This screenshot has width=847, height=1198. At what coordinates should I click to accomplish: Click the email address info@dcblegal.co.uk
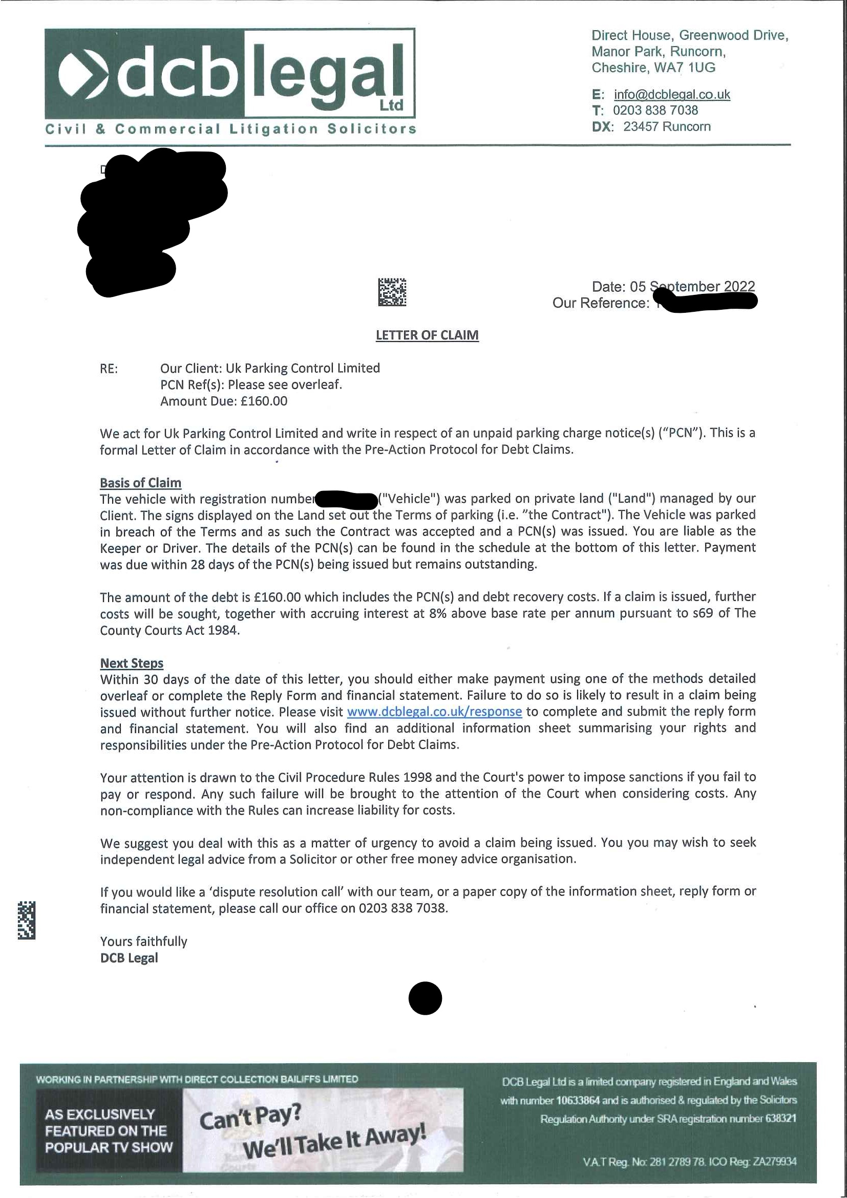pos(672,94)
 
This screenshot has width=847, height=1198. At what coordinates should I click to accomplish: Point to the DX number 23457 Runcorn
pos(666,127)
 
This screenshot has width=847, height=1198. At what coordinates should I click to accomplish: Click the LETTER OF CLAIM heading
pos(427,335)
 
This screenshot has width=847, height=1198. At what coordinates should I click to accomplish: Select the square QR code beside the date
pos(392,292)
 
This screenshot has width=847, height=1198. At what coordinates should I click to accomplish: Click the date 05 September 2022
pos(692,287)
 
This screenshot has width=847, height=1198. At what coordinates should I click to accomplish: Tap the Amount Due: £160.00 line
pos(223,401)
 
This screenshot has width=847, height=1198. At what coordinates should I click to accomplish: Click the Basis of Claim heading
pos(140,483)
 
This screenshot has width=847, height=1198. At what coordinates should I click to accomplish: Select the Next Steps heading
pos(132,663)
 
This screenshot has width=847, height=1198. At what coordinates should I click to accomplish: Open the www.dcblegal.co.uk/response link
pos(434,712)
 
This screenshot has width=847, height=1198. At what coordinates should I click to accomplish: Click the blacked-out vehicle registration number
pos(347,500)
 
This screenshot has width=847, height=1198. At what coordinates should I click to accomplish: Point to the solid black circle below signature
pos(425,998)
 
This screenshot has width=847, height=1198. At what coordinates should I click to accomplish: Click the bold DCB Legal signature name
pos(129,958)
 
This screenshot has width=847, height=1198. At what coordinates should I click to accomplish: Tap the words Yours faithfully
pos(143,942)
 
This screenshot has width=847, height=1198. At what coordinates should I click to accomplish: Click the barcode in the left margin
pos(26,921)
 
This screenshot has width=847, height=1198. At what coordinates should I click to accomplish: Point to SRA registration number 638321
pos(781,1119)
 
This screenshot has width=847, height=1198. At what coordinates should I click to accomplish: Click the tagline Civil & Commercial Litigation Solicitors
pos(230,129)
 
